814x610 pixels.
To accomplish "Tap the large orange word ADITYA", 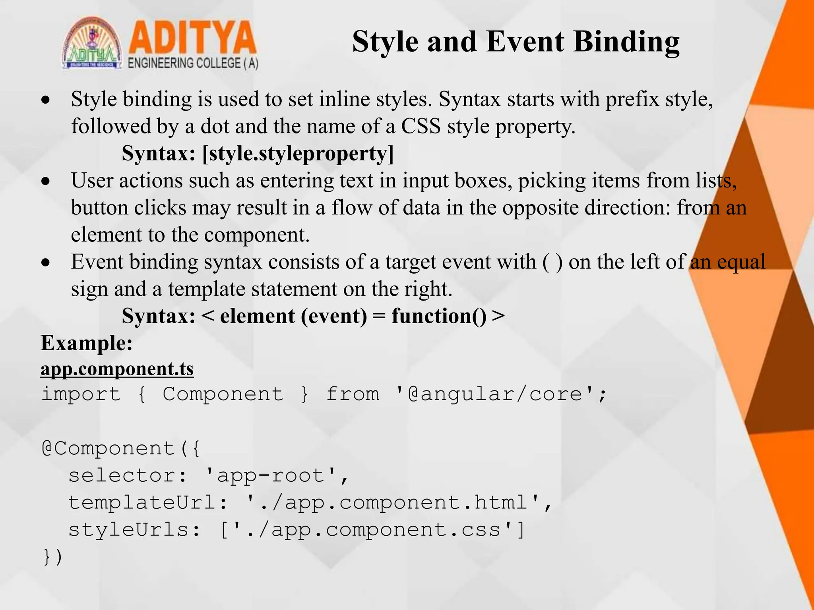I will (192, 38).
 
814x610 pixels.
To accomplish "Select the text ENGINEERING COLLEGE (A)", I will (193, 64).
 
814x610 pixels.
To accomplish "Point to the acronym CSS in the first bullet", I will (421, 126).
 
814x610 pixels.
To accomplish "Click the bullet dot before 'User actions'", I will (47, 181).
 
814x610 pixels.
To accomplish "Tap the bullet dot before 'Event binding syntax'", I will (47, 263).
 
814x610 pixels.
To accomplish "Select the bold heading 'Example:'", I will (87, 343).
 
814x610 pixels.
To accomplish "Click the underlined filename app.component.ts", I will (117, 369).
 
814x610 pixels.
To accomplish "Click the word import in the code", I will (81, 394).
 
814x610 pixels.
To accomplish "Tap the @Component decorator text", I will (108, 449).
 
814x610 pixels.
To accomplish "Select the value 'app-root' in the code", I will (270, 476).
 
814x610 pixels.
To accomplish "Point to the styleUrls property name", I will (128, 530).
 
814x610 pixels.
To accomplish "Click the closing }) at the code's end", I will (52, 557).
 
